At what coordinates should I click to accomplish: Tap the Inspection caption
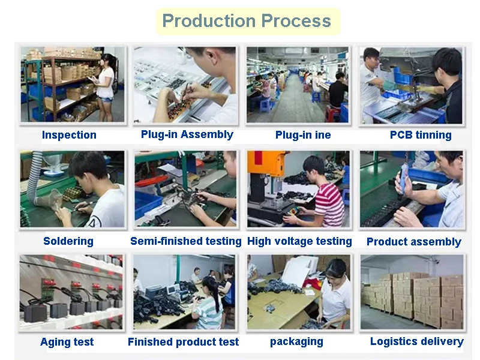(69, 135)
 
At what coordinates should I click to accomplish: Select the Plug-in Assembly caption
(187, 134)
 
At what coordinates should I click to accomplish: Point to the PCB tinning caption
(421, 135)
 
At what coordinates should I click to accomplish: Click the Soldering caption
(68, 241)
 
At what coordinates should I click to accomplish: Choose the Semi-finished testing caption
(185, 241)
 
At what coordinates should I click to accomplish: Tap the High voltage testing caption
(299, 241)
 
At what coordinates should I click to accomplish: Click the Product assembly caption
(413, 242)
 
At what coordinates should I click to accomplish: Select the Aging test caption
(67, 342)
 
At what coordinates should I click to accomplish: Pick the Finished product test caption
(183, 342)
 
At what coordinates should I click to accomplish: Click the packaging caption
(296, 341)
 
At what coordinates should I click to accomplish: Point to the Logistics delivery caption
(416, 341)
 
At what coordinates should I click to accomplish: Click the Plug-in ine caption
(303, 135)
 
